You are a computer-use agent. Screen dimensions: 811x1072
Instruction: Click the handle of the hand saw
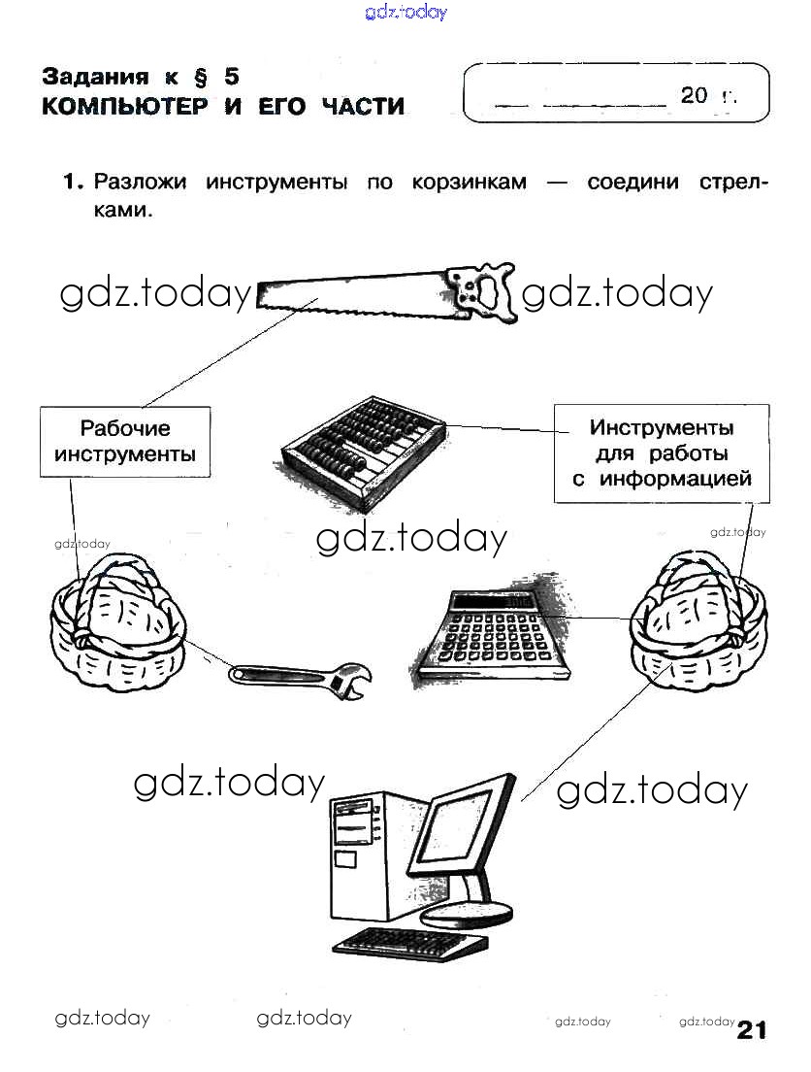(x=482, y=292)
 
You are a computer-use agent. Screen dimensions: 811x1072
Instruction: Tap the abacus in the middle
(x=363, y=454)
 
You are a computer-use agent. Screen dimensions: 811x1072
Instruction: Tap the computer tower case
(x=369, y=854)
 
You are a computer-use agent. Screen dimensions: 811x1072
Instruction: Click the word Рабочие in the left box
(x=125, y=428)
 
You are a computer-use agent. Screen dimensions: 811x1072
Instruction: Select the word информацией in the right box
(x=676, y=479)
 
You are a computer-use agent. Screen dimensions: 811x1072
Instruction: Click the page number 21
(x=752, y=1029)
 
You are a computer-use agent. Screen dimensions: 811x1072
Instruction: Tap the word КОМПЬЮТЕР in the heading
(x=125, y=107)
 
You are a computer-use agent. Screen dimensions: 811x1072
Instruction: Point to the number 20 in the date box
(x=694, y=95)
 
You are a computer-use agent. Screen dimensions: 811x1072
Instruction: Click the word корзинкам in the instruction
(x=470, y=183)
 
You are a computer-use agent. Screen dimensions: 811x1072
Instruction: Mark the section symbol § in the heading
(x=200, y=78)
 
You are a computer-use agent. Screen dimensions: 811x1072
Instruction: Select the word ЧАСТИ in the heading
(x=363, y=107)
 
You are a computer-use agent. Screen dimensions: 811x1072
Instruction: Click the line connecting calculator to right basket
(x=592, y=619)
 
